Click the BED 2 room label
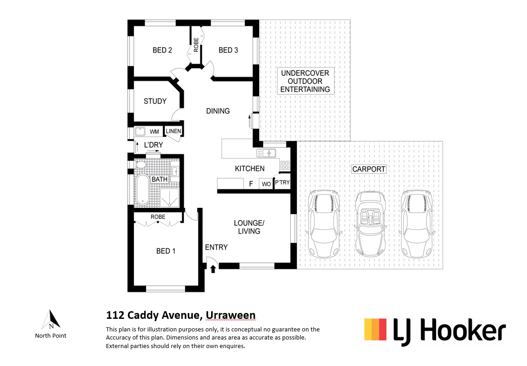click(162, 50)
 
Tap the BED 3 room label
click(228, 50)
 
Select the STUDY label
click(155, 101)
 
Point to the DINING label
click(218, 111)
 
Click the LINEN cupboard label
click(173, 131)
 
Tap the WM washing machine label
click(154, 132)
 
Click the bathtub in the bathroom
click(142, 190)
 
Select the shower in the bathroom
click(169, 198)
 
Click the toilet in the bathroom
click(141, 165)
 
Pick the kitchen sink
click(266, 153)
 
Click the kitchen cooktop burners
click(285, 165)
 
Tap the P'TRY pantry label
click(282, 182)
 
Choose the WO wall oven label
click(266, 184)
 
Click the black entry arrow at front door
click(213, 269)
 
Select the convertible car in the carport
click(370, 224)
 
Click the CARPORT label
click(369, 169)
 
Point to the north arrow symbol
click(51, 319)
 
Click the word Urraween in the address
click(230, 315)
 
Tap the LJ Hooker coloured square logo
click(376, 330)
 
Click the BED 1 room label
click(166, 251)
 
